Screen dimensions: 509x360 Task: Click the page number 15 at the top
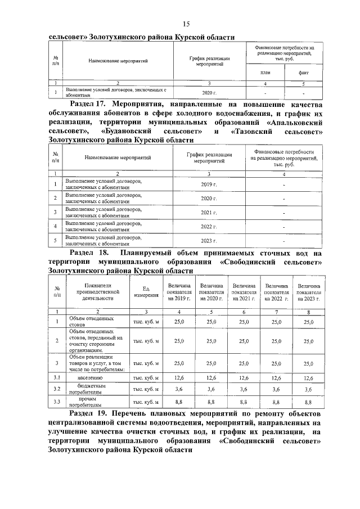coord(186,23)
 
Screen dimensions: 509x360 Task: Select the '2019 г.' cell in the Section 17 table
coord(209,184)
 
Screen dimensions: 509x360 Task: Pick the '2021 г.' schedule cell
coord(209,212)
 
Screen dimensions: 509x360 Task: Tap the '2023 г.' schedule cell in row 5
coord(209,240)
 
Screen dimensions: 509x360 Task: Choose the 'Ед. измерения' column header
coord(146,292)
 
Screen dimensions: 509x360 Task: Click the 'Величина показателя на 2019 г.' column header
coord(179,292)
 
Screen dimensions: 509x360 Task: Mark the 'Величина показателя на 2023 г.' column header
coord(309,292)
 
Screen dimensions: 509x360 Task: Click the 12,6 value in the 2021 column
coord(244,378)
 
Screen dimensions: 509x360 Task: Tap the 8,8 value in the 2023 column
coord(309,403)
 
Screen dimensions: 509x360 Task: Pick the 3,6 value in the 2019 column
coord(179,389)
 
